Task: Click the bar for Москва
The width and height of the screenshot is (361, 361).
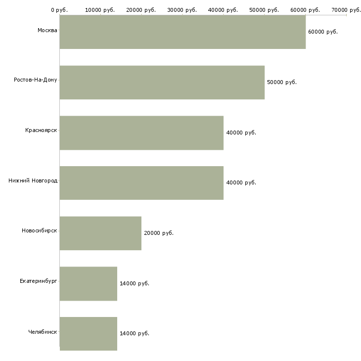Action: click(x=182, y=32)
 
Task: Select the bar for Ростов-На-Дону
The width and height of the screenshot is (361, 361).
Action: click(x=162, y=82)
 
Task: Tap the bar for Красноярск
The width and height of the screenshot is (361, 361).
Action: click(x=141, y=133)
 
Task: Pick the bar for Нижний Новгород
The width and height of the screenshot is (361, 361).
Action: click(x=141, y=183)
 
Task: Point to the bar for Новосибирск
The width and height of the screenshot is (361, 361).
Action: click(x=100, y=233)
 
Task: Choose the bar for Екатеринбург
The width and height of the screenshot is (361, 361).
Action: click(x=88, y=283)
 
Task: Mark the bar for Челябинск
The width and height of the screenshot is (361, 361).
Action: click(x=88, y=334)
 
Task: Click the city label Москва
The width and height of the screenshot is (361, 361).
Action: click(x=47, y=31)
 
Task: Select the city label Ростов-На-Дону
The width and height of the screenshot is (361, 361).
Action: click(x=36, y=80)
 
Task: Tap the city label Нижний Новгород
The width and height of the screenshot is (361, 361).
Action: click(x=33, y=180)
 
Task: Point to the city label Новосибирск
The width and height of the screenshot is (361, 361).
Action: click(x=39, y=231)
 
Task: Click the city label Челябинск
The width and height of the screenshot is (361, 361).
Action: click(x=43, y=331)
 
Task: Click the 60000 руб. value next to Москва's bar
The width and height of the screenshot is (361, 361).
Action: click(x=322, y=32)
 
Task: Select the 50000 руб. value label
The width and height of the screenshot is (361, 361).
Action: click(x=281, y=82)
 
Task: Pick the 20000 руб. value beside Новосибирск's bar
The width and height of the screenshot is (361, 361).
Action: click(x=158, y=233)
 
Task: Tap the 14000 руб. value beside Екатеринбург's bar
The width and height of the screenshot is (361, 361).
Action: click(x=134, y=283)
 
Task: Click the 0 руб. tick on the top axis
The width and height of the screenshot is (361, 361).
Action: click(x=59, y=9)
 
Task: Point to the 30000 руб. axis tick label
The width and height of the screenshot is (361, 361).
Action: click(x=182, y=9)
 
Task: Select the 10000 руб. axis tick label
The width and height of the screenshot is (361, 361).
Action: click(x=100, y=9)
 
